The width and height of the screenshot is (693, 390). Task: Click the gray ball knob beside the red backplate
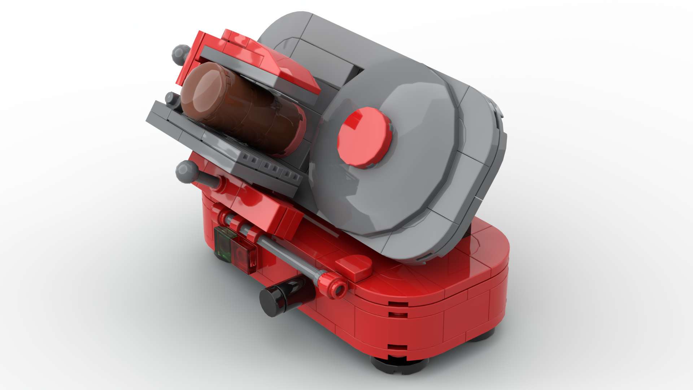(180, 54)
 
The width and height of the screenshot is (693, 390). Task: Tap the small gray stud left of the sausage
(170, 98)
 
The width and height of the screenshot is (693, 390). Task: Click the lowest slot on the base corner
(397, 348)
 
